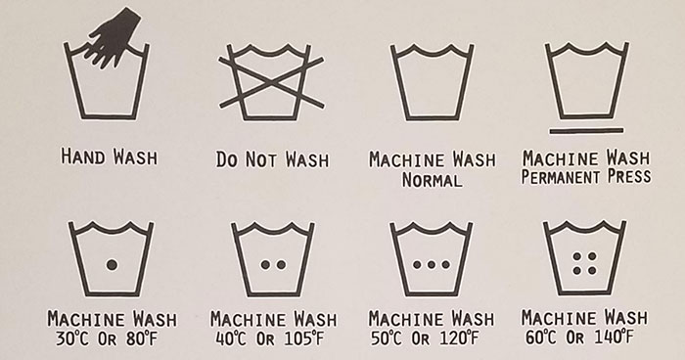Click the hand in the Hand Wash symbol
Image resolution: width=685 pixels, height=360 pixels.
click(114, 38)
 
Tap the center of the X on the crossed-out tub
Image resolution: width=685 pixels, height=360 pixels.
click(271, 82)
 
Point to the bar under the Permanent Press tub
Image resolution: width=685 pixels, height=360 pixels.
click(586, 130)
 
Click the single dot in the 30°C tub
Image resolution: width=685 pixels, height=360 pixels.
click(112, 264)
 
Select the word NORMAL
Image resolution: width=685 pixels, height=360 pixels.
click(432, 180)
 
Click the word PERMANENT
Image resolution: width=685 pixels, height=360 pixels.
click(561, 177)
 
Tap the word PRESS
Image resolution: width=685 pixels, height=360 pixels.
click(629, 176)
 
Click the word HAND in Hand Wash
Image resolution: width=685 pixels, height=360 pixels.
click(82, 157)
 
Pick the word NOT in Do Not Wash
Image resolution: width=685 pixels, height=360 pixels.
click(261, 159)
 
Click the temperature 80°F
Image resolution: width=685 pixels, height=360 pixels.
click(141, 338)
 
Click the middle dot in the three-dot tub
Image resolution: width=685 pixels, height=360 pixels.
click(432, 264)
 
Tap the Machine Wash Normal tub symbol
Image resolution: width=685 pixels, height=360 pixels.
click(432, 82)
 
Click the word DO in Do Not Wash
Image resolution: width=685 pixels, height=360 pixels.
click(227, 159)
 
